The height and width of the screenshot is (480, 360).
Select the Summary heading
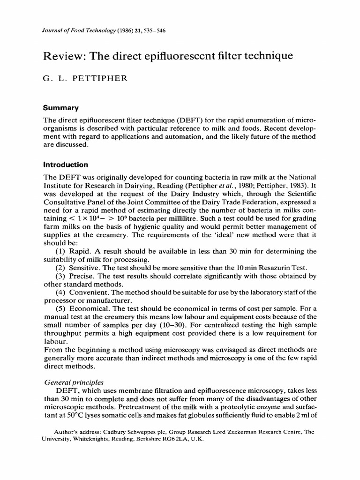(60, 108)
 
